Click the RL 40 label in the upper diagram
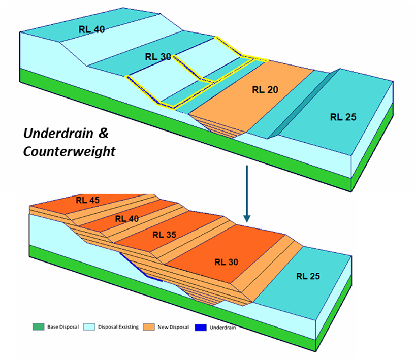(x=91, y=29)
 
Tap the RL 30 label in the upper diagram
(x=158, y=57)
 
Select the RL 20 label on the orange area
(x=265, y=90)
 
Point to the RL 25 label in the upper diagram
(x=343, y=117)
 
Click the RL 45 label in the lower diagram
(x=88, y=200)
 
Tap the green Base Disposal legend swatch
(x=38, y=326)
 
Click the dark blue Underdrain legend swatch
(x=200, y=326)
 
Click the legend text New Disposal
(x=173, y=327)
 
